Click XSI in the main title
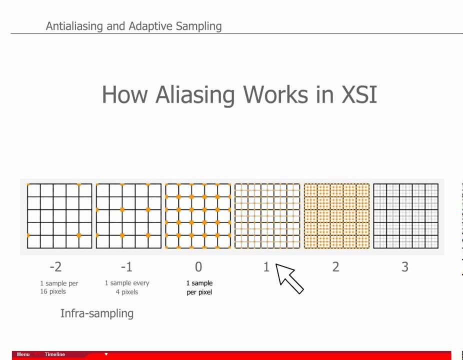click(x=359, y=94)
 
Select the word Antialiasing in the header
click(x=74, y=26)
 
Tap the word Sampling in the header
click(x=198, y=26)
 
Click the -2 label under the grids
click(x=55, y=267)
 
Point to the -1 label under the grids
click(x=127, y=267)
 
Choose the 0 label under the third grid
click(x=198, y=267)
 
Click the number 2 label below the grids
click(x=335, y=267)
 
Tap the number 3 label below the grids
click(x=404, y=267)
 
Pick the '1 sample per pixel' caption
click(x=199, y=287)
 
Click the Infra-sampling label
click(x=96, y=313)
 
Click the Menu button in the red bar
click(x=23, y=354)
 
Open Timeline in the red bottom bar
click(x=55, y=354)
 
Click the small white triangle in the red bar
click(x=106, y=354)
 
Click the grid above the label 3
click(x=405, y=215)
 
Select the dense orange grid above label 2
click(x=336, y=215)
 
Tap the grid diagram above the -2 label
click(x=59, y=215)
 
